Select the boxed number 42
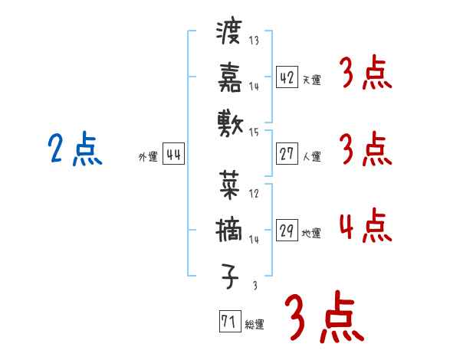pyautogui.click(x=287, y=77)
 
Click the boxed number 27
pyautogui.click(x=287, y=155)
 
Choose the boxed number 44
pyautogui.click(x=173, y=155)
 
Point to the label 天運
pyautogui.click(x=312, y=80)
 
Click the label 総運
pyautogui.click(x=255, y=324)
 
